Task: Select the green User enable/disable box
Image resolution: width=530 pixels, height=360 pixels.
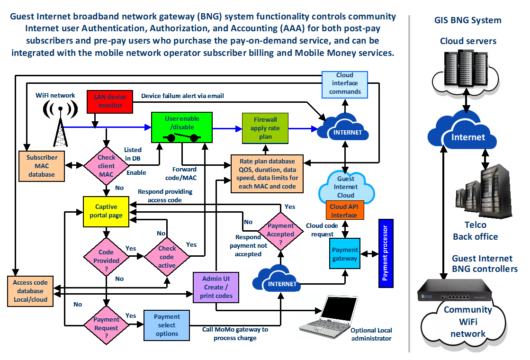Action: [182, 126]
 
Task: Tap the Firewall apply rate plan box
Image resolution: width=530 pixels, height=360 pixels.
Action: [265, 128]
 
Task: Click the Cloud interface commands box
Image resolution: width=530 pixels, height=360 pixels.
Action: [345, 84]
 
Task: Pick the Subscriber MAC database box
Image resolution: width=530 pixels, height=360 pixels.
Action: [42, 166]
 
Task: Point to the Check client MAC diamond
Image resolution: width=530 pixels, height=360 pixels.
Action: [106, 166]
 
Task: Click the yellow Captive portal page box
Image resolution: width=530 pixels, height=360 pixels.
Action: [106, 211]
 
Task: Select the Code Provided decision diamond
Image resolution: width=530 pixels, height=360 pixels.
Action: [106, 256]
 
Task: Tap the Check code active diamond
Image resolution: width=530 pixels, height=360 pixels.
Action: [167, 256]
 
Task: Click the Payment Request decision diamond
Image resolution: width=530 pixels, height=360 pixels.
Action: [106, 324]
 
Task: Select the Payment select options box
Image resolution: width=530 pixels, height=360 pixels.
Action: [167, 325]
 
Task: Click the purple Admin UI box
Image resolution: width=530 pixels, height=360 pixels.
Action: [216, 287]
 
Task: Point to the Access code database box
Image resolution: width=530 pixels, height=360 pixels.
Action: [30, 291]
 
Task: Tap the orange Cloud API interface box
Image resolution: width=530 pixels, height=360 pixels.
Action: [344, 211]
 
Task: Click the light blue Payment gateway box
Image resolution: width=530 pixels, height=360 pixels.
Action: [345, 254]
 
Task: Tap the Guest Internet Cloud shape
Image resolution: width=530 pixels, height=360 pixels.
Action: [345, 187]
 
